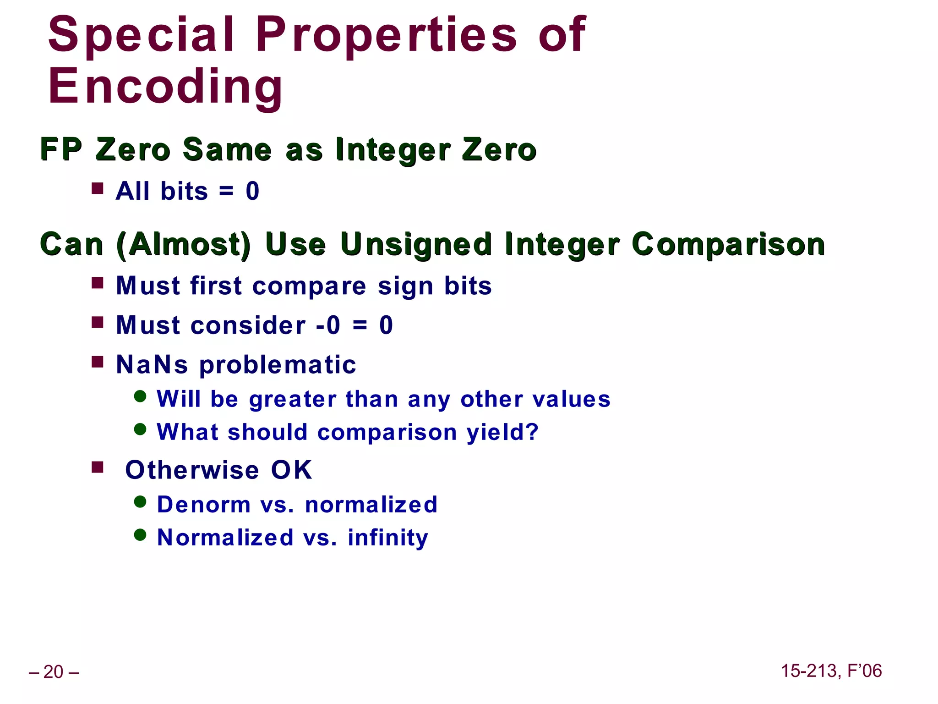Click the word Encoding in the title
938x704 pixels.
click(x=166, y=87)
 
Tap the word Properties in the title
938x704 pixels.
click(x=386, y=35)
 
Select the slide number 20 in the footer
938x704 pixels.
click(x=53, y=672)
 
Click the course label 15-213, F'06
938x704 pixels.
click(x=831, y=671)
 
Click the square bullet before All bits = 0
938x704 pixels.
click(x=97, y=188)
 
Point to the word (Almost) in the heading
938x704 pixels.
click(x=184, y=244)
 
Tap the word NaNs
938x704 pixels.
click(x=152, y=365)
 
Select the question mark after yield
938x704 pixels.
click(x=532, y=432)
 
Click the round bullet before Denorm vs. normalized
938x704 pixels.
click(x=140, y=502)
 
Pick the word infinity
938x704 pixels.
click(x=388, y=538)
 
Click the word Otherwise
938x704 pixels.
click(x=192, y=470)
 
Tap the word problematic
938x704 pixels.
click(x=278, y=365)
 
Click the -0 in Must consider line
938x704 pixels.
click(x=328, y=325)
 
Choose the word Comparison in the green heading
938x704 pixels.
click(x=728, y=244)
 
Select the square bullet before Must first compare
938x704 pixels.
click(x=97, y=283)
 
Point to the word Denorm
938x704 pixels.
click(x=204, y=505)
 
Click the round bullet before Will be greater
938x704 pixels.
click(x=140, y=396)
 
